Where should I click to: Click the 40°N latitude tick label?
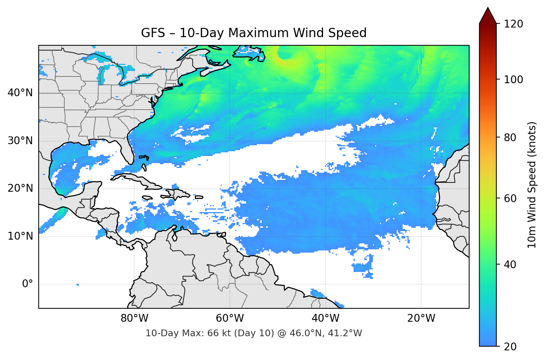[x=20, y=93]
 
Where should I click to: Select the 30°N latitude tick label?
[x=20, y=141]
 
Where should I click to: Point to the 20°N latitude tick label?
[x=20, y=188]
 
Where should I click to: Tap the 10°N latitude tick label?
[x=20, y=236]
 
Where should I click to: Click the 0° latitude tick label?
[x=28, y=284]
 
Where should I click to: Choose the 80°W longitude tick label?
[x=134, y=318]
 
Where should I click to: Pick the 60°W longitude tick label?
[x=230, y=318]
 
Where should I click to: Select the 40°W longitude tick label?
[x=325, y=318]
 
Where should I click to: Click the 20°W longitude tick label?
[x=421, y=318]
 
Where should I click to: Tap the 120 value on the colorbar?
[x=513, y=24]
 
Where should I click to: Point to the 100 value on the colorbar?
[x=513, y=80]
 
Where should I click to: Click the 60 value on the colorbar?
[x=510, y=198]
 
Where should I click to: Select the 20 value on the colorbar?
[x=510, y=347]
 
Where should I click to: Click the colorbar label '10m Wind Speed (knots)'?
[x=532, y=185]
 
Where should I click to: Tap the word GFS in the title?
[x=153, y=33]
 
